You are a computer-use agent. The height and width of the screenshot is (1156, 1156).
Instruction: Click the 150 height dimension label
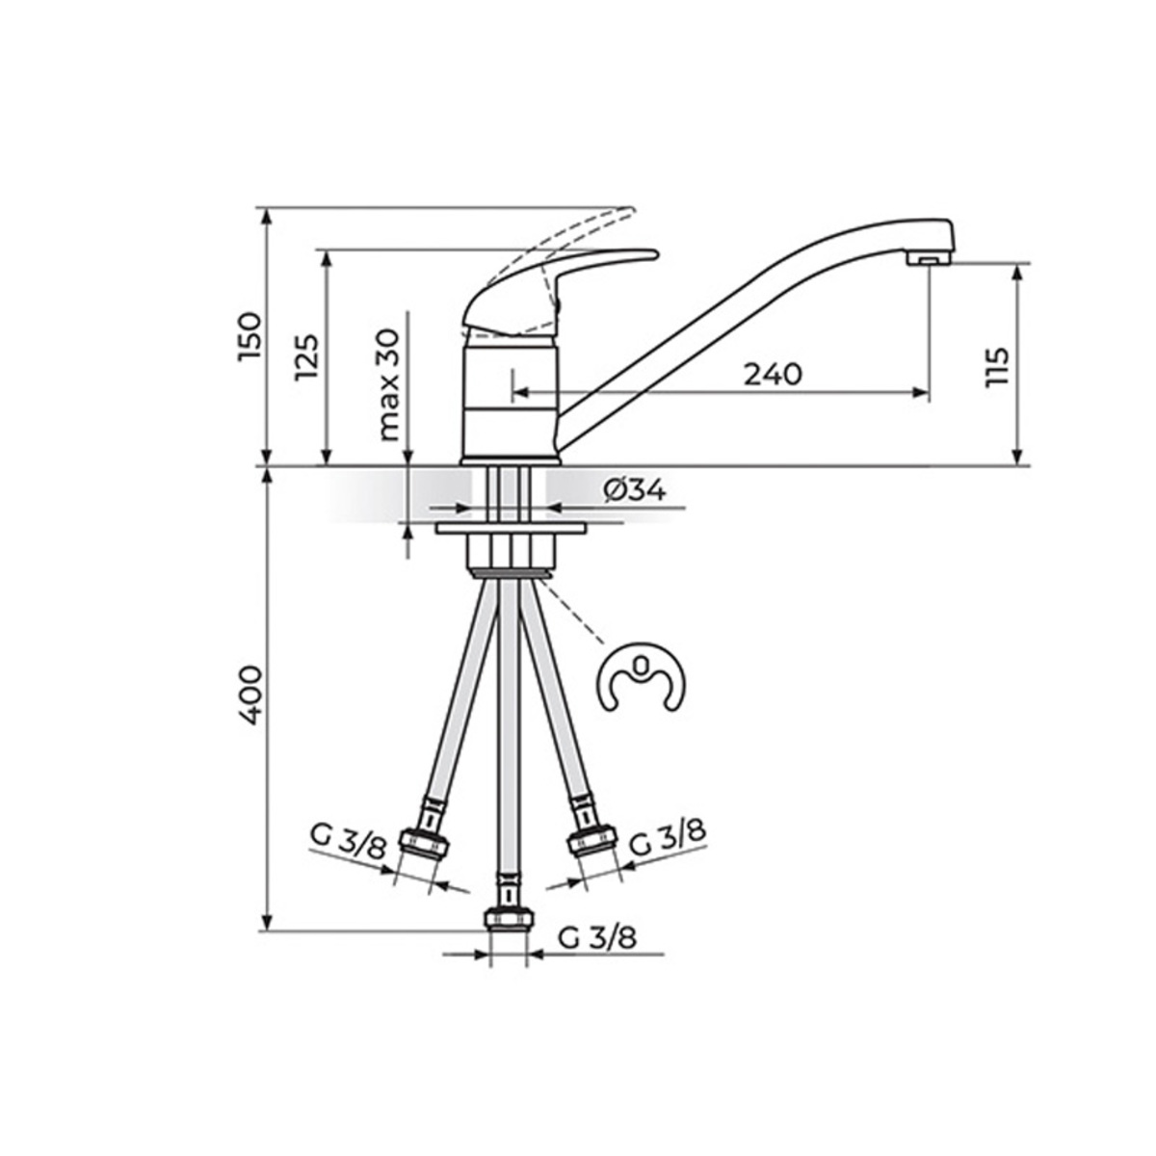coord(250,336)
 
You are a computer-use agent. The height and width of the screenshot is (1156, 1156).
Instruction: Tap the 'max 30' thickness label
coord(389,384)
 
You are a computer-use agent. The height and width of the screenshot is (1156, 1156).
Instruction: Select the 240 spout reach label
coord(773,375)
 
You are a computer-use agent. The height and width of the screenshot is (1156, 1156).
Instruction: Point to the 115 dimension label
coord(997,367)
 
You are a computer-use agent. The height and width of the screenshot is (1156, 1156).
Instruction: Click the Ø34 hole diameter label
coord(635,491)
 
